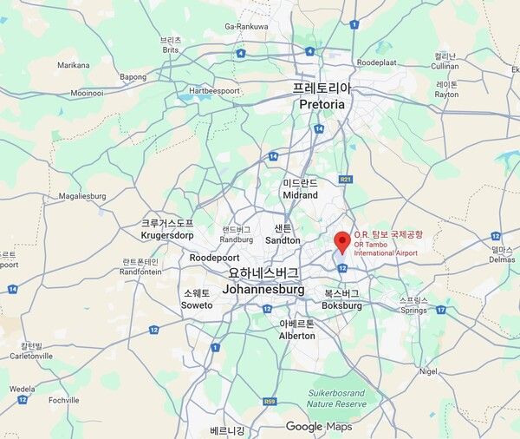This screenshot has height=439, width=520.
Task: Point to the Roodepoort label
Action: click(x=214, y=258)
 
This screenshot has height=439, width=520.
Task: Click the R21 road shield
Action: click(x=347, y=180)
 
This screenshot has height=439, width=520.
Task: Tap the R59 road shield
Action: click(x=270, y=401)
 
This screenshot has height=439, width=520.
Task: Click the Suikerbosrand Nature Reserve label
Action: click(x=336, y=398)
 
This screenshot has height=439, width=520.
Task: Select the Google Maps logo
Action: click(x=318, y=426)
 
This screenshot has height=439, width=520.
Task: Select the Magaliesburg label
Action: click(x=82, y=196)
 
